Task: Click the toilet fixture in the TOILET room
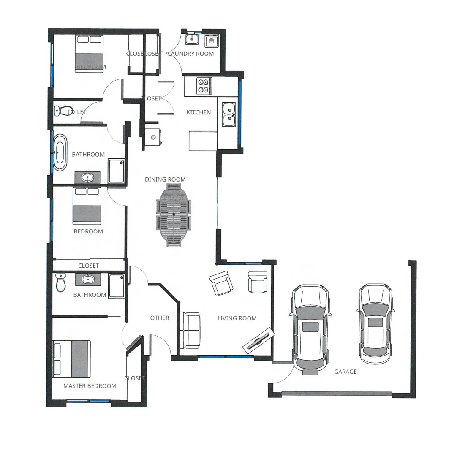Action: [59, 111]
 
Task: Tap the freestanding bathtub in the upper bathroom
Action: [60, 152]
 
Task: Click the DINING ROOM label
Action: [165, 179]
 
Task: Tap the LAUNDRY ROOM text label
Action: [191, 54]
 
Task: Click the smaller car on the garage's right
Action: [375, 323]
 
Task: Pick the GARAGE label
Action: [345, 372]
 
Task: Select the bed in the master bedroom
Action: [71, 359]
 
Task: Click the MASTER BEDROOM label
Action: [90, 386]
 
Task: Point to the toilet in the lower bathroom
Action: [61, 282]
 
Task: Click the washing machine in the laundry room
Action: [211, 41]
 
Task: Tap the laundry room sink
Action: [192, 39]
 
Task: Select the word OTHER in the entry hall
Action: [160, 318]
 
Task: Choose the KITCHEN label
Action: [199, 112]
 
